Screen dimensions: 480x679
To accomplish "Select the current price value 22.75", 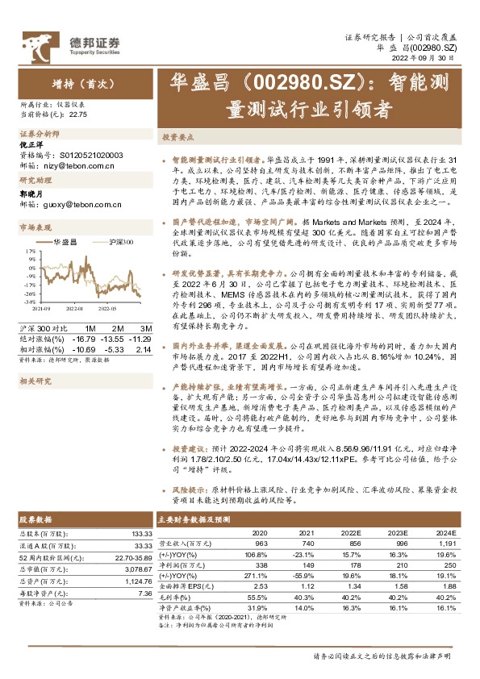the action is [x=78, y=115].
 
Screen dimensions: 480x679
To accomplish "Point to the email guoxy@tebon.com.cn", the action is [x=81, y=206].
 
